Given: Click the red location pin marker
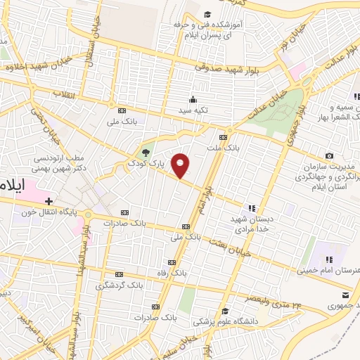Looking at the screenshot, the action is (181, 165).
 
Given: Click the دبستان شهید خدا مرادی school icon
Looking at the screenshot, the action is (251, 208).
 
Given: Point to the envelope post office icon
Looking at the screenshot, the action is (345, 295).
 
